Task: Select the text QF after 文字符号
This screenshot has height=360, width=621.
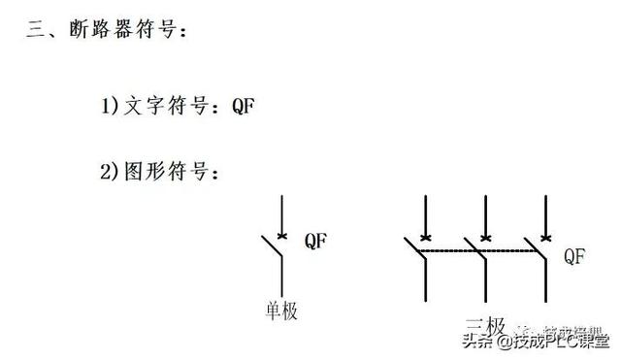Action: (x=243, y=106)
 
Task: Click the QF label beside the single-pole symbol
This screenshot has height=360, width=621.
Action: (x=316, y=240)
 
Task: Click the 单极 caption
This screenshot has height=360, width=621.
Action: (x=280, y=311)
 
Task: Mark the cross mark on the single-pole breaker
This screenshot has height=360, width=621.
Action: (x=280, y=235)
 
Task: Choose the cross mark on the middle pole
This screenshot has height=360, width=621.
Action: (x=485, y=236)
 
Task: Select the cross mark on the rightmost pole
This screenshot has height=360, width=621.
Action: (x=544, y=236)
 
